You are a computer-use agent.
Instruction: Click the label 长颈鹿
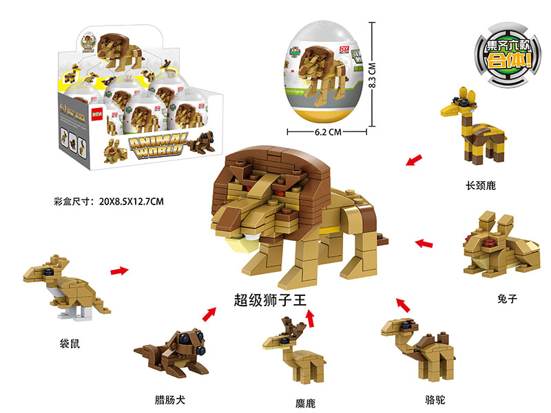(x=481, y=185)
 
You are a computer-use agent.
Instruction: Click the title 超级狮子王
(x=269, y=301)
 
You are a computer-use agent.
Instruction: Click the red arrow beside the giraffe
(x=413, y=162)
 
